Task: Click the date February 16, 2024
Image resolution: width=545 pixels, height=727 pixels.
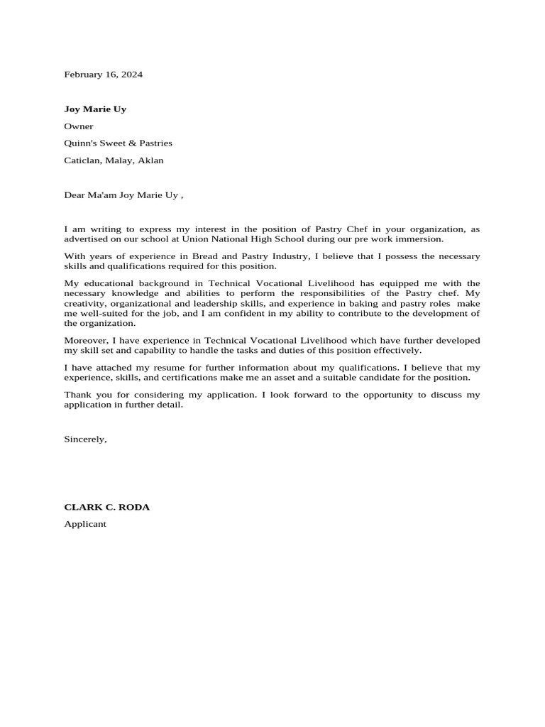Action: tap(103, 75)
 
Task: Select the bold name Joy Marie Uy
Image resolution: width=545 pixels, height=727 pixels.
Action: tap(95, 109)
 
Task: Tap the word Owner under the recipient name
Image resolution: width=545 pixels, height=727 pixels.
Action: tap(79, 126)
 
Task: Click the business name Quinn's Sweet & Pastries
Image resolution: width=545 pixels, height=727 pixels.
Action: tap(118, 143)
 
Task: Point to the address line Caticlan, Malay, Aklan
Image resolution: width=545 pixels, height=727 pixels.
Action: tap(114, 160)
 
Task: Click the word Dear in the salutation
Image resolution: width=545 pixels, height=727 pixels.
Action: tap(75, 195)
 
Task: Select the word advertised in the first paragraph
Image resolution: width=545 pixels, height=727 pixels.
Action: tap(87, 239)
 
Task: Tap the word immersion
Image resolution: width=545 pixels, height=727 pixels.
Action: tap(422, 239)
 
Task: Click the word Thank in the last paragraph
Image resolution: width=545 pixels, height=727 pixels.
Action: tap(77, 395)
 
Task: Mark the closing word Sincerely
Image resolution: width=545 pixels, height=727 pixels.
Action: tap(85, 439)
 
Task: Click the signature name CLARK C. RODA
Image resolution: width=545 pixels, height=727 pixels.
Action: tap(106, 508)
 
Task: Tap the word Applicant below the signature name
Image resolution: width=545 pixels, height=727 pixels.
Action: tap(85, 525)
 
